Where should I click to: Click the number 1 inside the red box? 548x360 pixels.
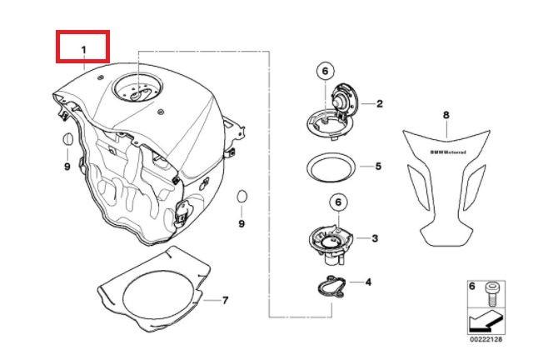[x=83, y=50]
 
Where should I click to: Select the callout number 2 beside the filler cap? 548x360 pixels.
[x=380, y=103]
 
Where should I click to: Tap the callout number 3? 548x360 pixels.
[x=375, y=238]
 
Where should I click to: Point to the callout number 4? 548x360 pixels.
[x=368, y=282]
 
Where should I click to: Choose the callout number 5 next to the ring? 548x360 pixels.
[x=378, y=166]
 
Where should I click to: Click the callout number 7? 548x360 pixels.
[x=226, y=300]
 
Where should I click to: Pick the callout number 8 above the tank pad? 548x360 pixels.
[x=446, y=115]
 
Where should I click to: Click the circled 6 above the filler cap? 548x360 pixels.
[x=326, y=72]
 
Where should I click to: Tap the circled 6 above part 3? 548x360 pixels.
[x=338, y=202]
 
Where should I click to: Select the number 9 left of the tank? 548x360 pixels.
[x=67, y=167]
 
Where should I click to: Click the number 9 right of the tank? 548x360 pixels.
[x=242, y=223]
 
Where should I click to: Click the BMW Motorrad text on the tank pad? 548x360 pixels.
[x=448, y=152]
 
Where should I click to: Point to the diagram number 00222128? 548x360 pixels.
[x=486, y=339]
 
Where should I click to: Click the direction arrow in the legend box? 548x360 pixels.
[x=485, y=322]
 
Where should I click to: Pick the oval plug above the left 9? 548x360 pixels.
[x=67, y=139]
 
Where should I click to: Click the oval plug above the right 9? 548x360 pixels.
[x=242, y=197]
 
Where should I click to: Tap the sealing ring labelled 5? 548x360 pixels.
[x=330, y=167]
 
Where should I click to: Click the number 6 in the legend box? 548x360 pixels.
[x=472, y=287]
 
